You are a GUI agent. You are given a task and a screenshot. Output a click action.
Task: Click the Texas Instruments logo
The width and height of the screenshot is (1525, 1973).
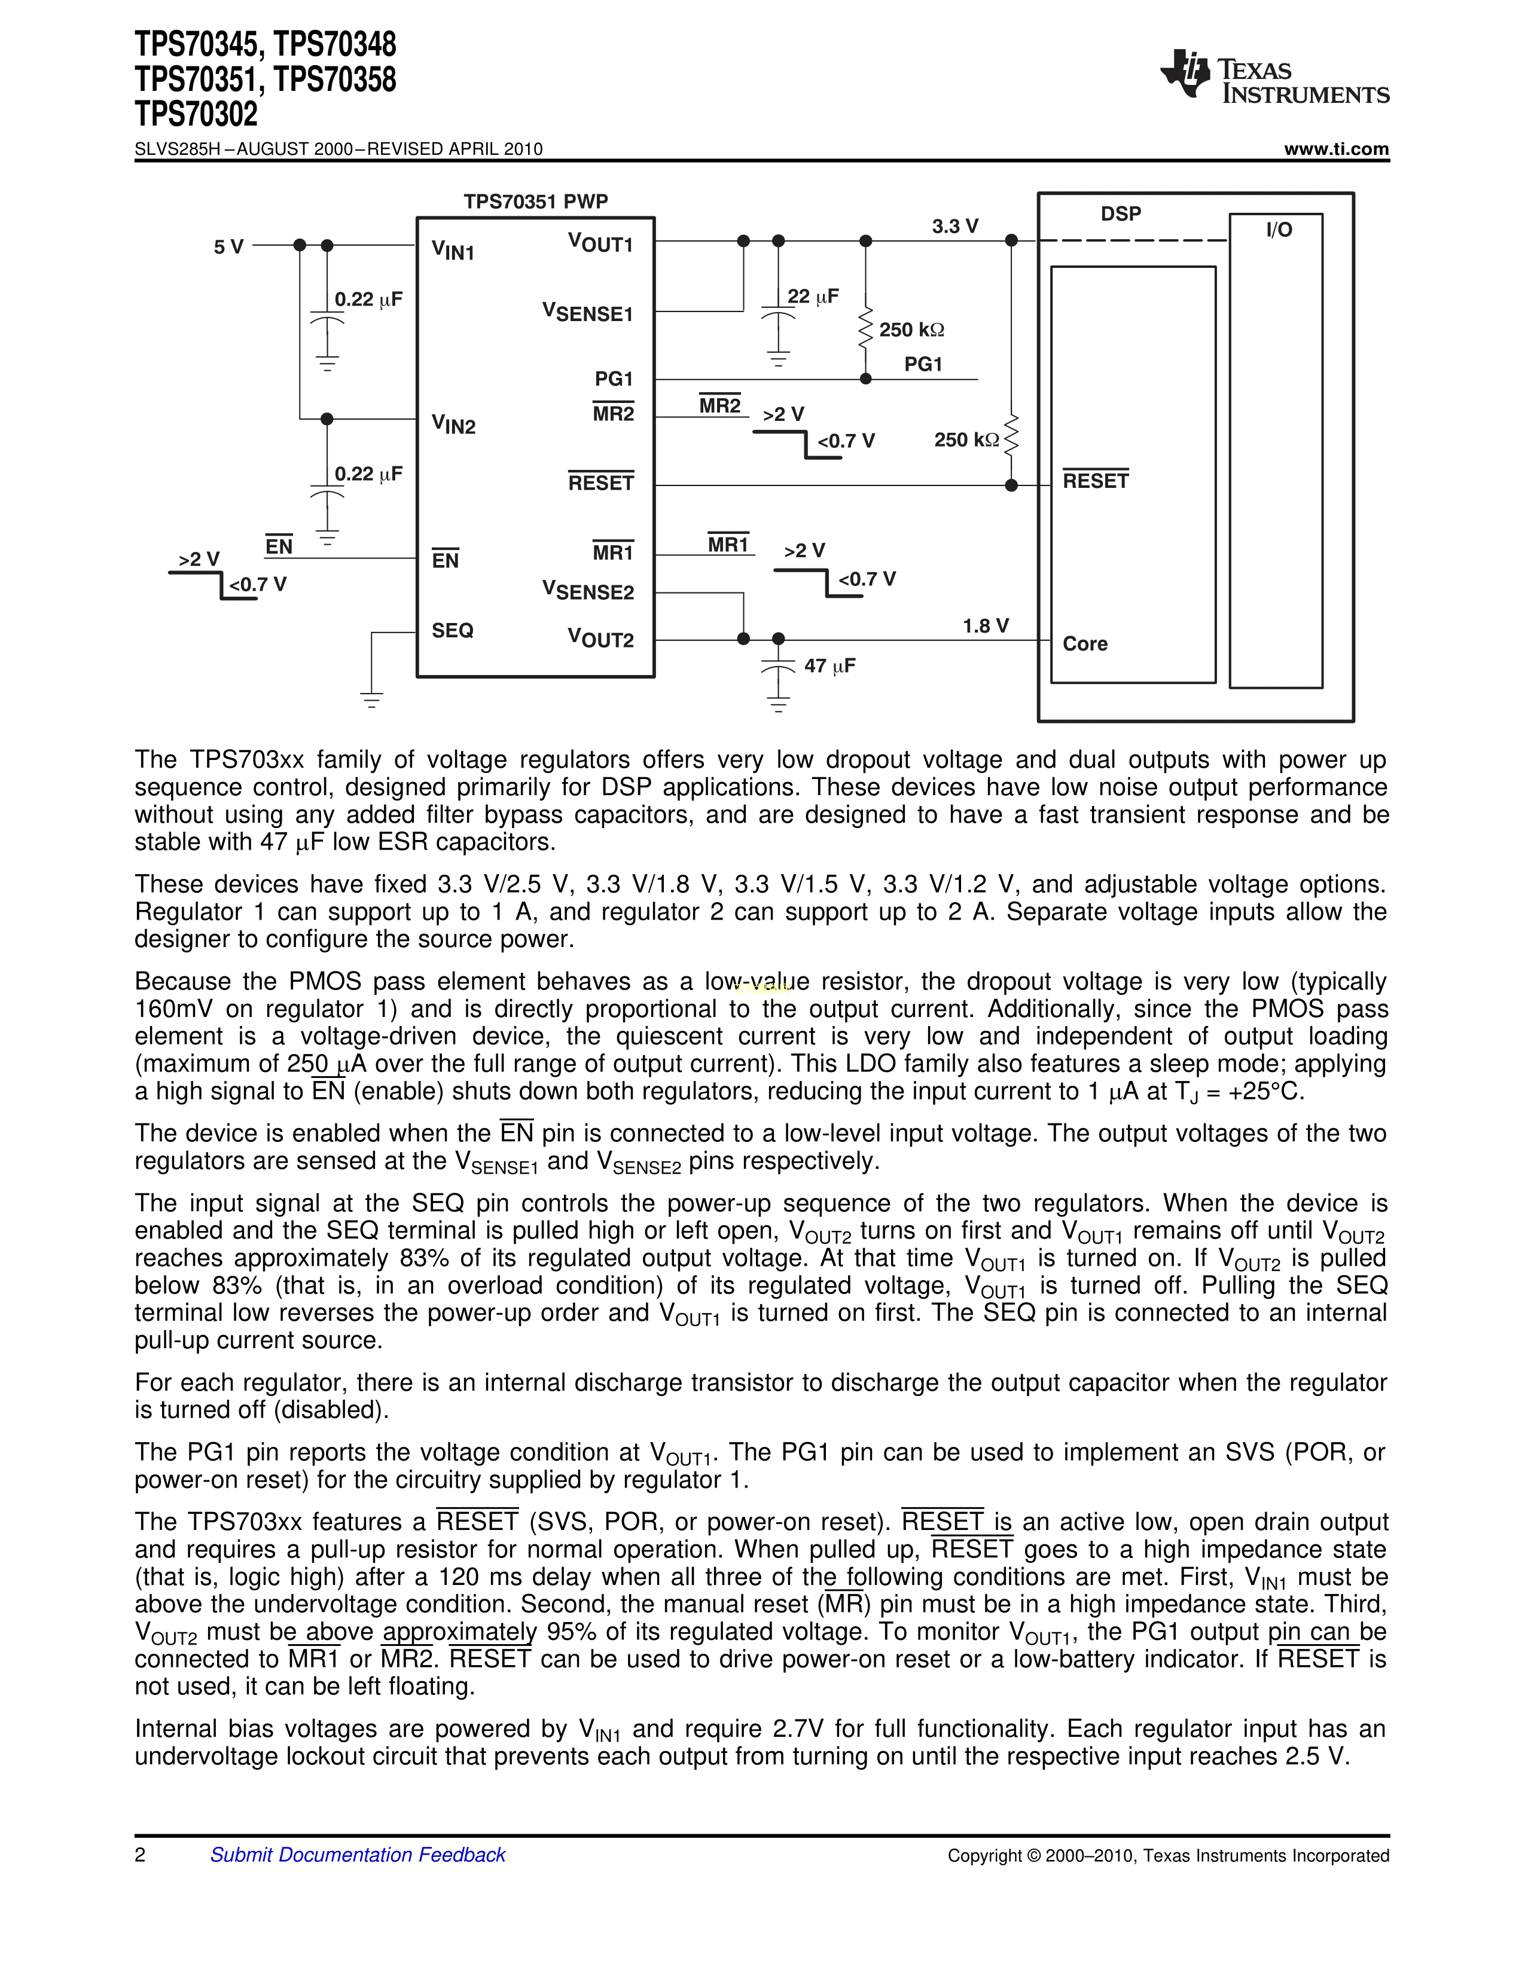1274,76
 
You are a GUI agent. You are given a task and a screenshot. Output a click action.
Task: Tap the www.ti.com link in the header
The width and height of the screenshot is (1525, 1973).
1336,149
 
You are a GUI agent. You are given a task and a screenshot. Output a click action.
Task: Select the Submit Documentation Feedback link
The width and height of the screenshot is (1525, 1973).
357,1855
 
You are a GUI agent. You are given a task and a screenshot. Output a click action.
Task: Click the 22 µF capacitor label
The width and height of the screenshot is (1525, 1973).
812,297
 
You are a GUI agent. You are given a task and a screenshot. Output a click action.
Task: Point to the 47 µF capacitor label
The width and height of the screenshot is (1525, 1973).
829,666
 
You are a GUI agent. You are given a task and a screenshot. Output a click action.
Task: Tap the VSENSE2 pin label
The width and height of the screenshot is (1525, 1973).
588,591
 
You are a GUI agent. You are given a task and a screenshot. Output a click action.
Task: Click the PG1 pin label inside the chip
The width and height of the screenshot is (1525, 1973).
614,378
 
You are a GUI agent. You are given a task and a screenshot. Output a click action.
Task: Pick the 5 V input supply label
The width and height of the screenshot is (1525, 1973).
228,246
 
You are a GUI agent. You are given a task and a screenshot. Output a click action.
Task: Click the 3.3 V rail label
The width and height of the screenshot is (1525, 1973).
955,226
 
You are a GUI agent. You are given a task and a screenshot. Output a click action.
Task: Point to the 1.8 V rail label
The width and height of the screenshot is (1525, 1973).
985,626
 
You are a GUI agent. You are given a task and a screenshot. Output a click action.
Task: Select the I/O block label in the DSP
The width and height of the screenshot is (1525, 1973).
1279,230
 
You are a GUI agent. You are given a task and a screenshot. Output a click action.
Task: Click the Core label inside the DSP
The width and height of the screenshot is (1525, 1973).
1085,644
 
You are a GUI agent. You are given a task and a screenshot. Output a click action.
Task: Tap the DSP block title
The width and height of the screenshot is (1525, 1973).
1120,214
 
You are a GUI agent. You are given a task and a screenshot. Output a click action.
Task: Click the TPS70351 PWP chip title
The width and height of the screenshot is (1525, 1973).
536,201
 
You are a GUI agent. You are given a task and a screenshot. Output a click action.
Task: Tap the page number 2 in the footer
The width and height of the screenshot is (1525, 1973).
140,1855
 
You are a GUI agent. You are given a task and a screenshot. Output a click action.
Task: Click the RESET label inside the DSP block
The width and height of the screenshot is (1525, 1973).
1096,481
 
